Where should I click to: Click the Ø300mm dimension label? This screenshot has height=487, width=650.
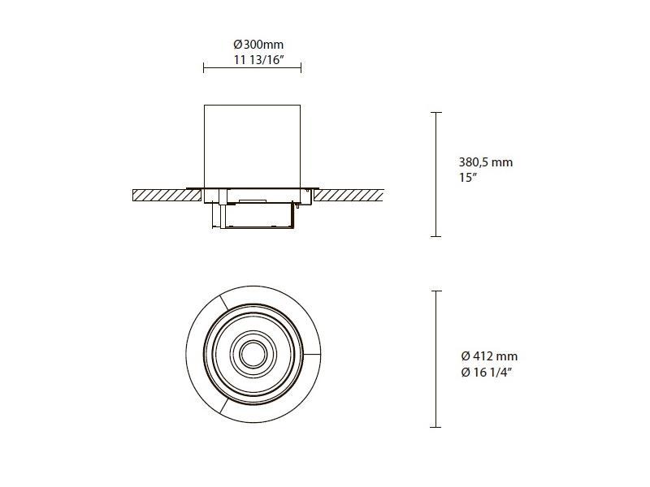click(x=258, y=45)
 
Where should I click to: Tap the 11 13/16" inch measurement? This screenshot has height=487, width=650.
click(x=258, y=60)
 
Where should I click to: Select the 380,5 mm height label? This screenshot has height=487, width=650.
click(x=486, y=162)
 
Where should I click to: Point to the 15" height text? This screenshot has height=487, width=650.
click(x=468, y=178)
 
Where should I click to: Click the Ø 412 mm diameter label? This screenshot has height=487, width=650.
click(x=489, y=356)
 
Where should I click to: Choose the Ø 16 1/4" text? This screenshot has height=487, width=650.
click(x=487, y=373)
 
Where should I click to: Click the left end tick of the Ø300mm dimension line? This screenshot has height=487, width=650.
click(x=204, y=68)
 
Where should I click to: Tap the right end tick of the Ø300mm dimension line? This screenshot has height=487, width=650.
click(x=301, y=68)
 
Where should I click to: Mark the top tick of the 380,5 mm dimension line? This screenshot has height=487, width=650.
click(x=435, y=112)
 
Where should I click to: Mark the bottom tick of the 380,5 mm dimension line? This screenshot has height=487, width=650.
click(x=435, y=236)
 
